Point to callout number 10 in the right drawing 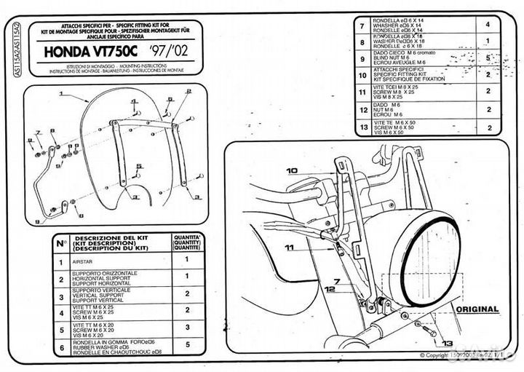292,171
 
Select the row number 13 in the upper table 362,128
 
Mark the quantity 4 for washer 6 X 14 488,24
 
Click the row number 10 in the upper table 362,74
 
